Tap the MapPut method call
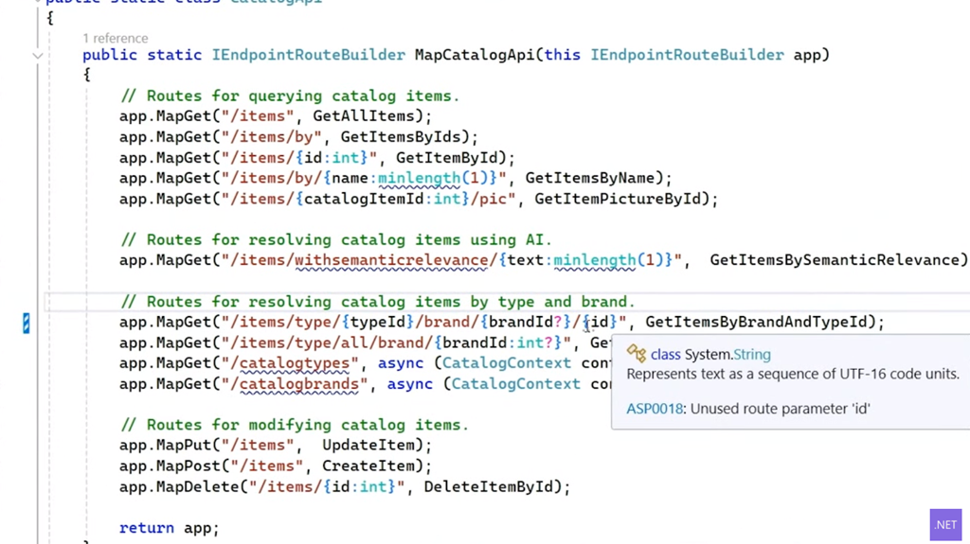[x=184, y=446]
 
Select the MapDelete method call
[x=198, y=487]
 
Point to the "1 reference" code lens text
[x=115, y=38]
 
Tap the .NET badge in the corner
[x=945, y=525]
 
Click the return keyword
[x=147, y=528]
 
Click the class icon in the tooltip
[x=637, y=354]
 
